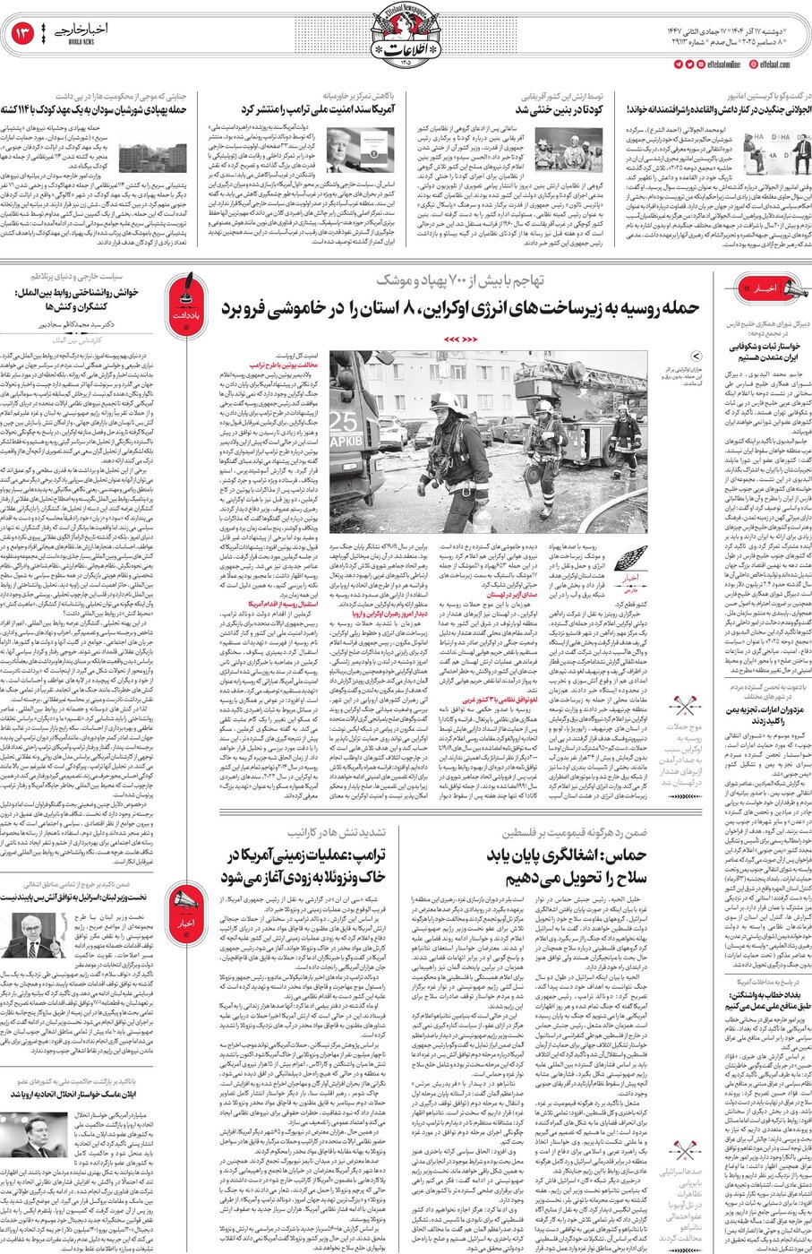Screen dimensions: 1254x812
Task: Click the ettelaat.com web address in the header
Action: [x=775, y=64]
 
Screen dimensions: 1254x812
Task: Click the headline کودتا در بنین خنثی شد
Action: [x=559, y=109]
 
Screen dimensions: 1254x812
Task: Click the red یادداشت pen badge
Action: [x=179, y=293]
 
